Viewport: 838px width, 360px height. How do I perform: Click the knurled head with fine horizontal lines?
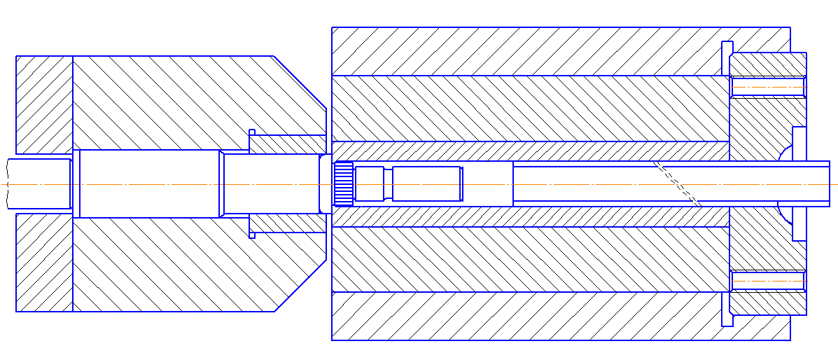pyautogui.click(x=344, y=184)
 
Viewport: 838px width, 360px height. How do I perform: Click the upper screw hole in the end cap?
pyautogui.click(x=767, y=86)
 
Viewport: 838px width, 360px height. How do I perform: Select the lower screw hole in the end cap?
pyautogui.click(x=767, y=281)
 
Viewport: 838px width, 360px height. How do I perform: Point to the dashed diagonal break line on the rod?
pyautogui.click(x=677, y=184)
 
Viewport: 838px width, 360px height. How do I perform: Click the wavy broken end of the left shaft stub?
pyautogui.click(x=8, y=184)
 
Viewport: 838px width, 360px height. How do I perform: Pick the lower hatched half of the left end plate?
pyautogui.click(x=44, y=263)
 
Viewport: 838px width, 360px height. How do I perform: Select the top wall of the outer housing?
pyautogui.click(x=525, y=50)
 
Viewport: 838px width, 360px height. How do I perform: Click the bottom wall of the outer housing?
pyautogui.click(x=525, y=317)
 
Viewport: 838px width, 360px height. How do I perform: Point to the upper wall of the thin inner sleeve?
pyautogui.click(x=525, y=151)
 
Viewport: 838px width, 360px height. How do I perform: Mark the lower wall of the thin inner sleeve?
pyautogui.click(x=525, y=216)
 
